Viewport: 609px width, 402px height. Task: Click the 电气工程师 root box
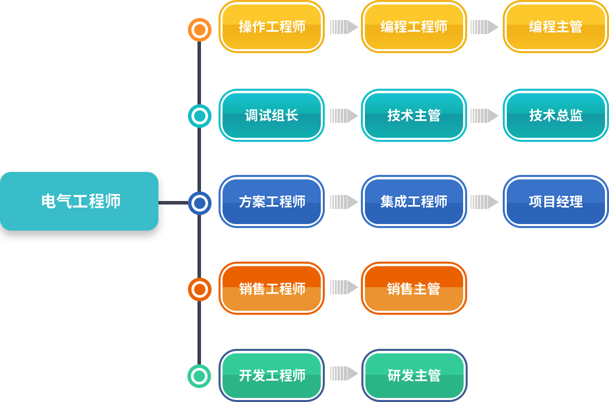tap(79, 201)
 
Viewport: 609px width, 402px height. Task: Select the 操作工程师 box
tap(272, 27)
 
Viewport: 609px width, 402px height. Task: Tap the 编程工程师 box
tap(414, 27)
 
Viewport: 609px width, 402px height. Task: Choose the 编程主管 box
tap(556, 27)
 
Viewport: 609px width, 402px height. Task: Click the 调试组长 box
tap(272, 115)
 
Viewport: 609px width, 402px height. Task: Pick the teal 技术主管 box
tap(414, 115)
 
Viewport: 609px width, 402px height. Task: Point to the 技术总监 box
tap(556, 115)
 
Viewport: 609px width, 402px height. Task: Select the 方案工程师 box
tap(272, 202)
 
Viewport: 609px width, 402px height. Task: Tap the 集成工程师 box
tap(414, 202)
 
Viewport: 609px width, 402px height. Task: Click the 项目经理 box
tap(556, 202)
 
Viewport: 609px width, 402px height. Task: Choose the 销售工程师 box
tap(272, 288)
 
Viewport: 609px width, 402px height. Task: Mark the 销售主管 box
tap(414, 288)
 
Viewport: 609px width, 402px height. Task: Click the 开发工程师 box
tap(272, 375)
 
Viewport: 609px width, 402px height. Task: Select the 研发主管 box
tap(414, 375)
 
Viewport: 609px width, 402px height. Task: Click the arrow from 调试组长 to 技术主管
tap(344, 116)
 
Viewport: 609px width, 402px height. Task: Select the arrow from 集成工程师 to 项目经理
tap(485, 202)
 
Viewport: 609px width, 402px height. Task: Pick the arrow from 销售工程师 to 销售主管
tap(344, 287)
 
